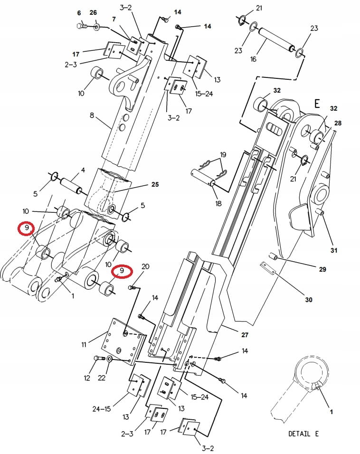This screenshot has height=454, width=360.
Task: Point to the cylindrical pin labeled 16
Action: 275,42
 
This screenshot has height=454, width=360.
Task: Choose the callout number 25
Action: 155,184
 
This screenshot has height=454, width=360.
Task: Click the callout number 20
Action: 145,266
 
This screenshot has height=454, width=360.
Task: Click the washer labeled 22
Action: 110,360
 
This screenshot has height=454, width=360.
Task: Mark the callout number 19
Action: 223,155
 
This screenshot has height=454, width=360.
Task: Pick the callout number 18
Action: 218,203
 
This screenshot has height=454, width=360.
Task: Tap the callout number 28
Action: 338,123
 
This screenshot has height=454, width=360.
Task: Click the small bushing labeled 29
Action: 274,256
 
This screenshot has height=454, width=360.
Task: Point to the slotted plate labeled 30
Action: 268,269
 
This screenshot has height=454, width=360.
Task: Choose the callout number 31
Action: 334,250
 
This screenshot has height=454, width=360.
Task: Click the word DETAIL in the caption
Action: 300,433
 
